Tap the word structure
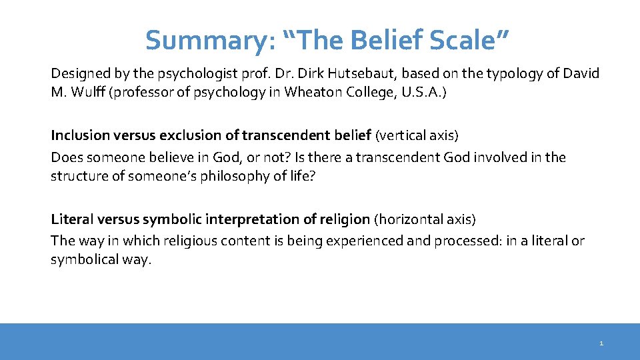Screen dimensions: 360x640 click(x=77, y=176)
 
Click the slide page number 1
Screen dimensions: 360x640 click(x=601, y=343)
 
